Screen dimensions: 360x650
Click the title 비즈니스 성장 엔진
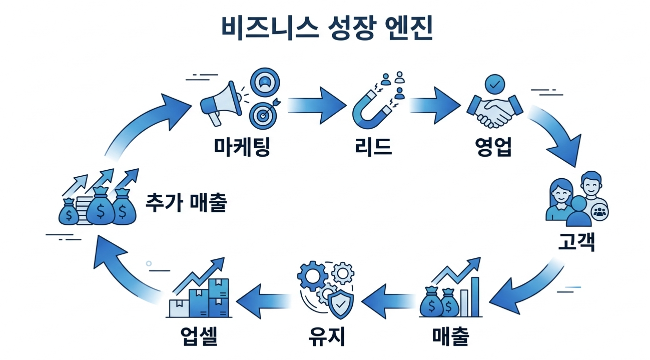(x=326, y=29)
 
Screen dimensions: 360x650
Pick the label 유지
(x=326, y=336)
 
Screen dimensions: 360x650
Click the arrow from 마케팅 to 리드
(x=316, y=105)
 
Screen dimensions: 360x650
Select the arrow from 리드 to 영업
(x=434, y=105)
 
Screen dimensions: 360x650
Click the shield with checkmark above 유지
(x=340, y=303)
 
